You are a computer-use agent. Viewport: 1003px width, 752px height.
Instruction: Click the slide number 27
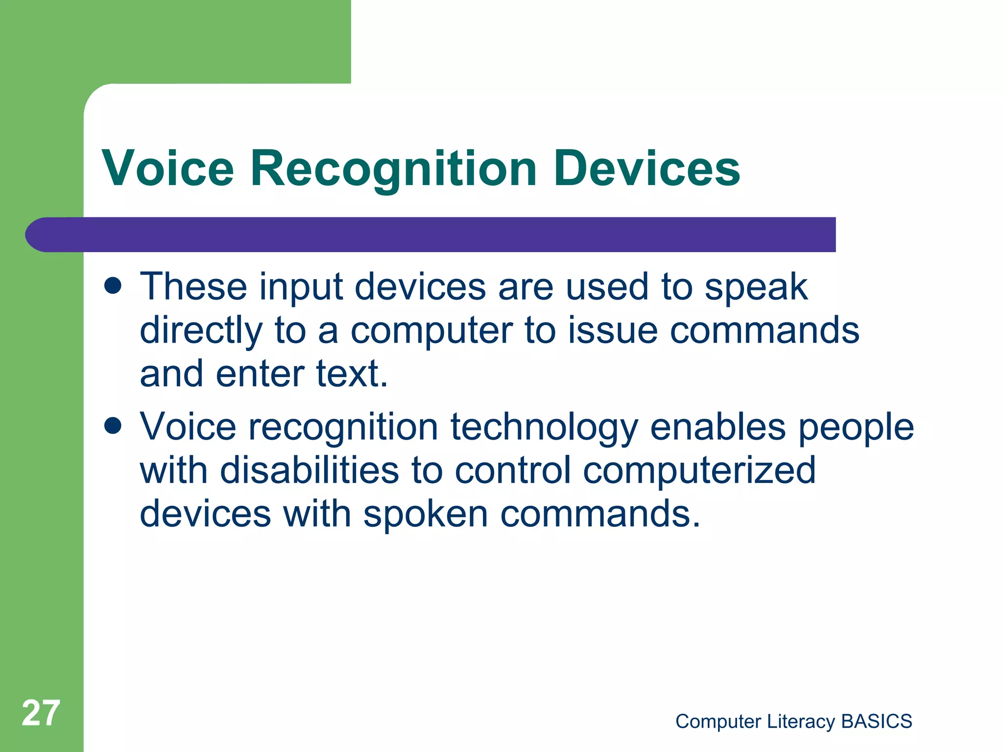click(41, 713)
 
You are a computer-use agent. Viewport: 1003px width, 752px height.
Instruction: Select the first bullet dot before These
click(113, 286)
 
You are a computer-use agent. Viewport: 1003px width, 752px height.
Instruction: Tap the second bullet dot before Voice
click(113, 426)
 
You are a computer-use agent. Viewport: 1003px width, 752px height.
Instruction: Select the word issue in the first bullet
click(613, 330)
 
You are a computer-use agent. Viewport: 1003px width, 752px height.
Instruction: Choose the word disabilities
click(310, 470)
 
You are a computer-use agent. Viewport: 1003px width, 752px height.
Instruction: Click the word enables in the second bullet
click(718, 426)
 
